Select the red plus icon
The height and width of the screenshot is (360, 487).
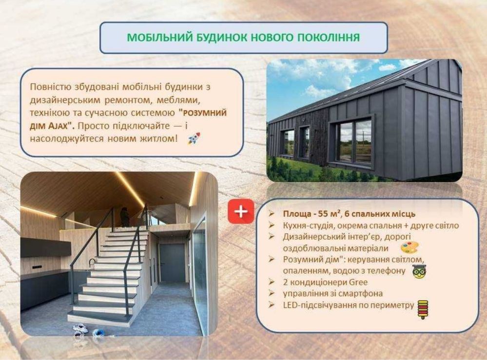click(x=241, y=211)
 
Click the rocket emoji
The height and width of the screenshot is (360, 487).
click(x=194, y=138)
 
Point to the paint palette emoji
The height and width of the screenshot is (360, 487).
click(x=409, y=247)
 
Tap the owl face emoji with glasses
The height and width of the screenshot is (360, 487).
click(x=419, y=271)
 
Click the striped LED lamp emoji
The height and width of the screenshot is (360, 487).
click(x=422, y=310)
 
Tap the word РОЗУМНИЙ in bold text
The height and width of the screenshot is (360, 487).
click(x=204, y=113)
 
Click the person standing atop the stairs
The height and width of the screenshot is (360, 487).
click(x=125, y=217)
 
